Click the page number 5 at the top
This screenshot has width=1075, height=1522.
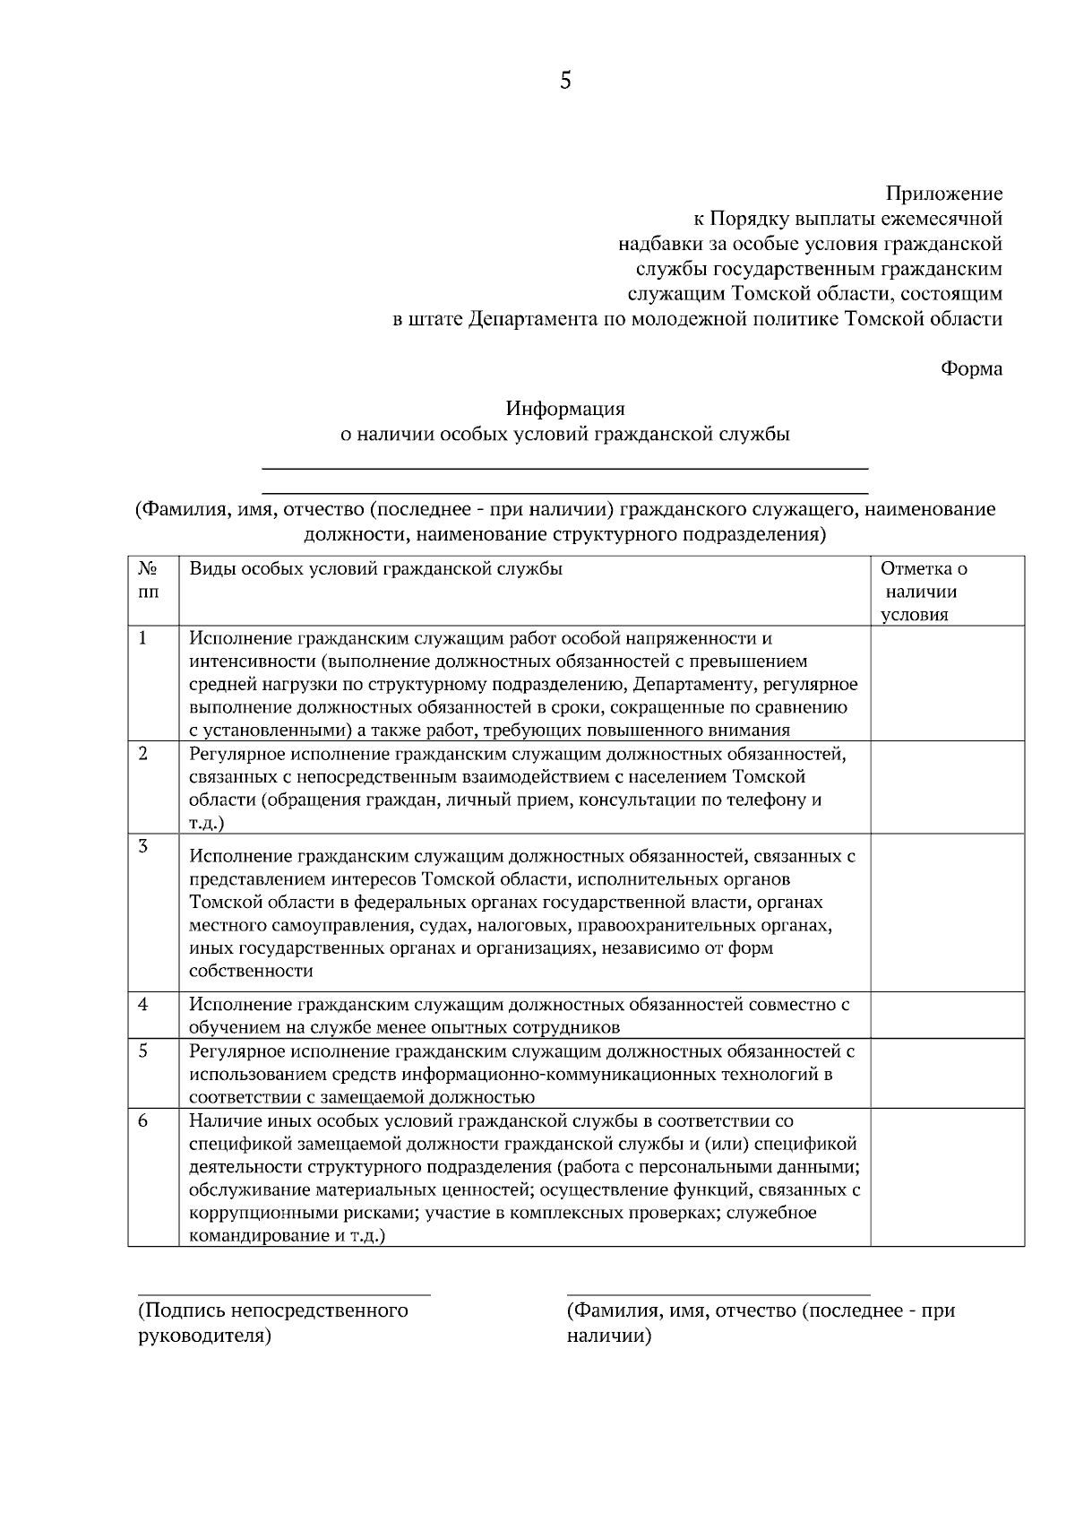[564, 81]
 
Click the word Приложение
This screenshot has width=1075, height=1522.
[944, 194]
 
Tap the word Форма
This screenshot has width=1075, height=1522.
[971, 368]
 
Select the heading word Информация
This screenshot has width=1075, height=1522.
[564, 409]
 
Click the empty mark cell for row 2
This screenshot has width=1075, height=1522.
[947, 787]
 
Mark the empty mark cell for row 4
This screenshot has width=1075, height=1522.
[947, 1015]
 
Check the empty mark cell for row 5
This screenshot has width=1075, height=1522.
[947, 1073]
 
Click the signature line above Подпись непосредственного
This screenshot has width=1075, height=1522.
[283, 1294]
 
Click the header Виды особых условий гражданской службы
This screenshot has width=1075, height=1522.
[376, 569]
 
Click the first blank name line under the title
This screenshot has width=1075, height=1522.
[564, 468]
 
